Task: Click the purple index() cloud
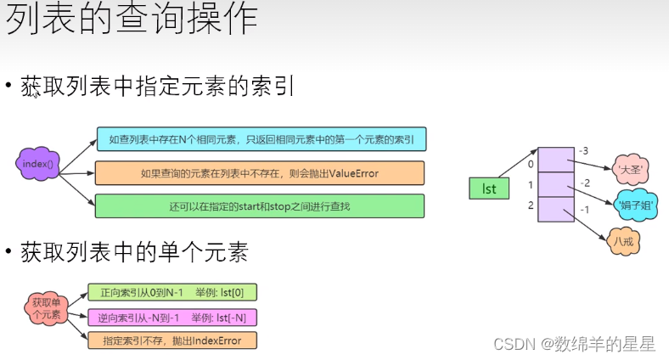click(x=39, y=163)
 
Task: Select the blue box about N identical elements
click(x=261, y=139)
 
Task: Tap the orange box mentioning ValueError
click(x=260, y=173)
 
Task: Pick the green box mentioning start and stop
click(x=260, y=206)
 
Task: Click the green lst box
click(x=489, y=188)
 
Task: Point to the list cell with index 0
click(x=556, y=160)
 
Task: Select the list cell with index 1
click(x=556, y=184)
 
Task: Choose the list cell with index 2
click(x=556, y=209)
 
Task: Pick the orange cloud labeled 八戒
click(x=624, y=241)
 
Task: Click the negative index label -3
click(x=582, y=151)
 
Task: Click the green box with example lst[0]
click(x=172, y=293)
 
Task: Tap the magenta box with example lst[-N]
click(x=172, y=318)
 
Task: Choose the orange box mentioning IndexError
click(x=172, y=340)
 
